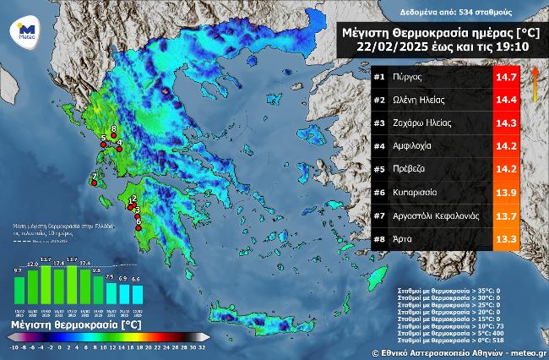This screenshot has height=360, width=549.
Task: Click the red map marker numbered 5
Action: pyautogui.click(x=103, y=144)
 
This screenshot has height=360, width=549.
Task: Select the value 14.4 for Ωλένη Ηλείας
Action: pyautogui.click(x=506, y=100)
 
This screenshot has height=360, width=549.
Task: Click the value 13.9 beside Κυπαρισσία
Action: pyautogui.click(x=506, y=193)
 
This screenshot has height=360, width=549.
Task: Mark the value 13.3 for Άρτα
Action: pyautogui.click(x=506, y=239)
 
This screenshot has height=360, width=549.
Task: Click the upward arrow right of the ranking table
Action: pyautogui.click(x=534, y=85)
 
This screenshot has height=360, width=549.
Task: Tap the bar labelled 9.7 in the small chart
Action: pyautogui.click(x=19, y=288)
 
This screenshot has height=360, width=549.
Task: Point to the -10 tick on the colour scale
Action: pyautogui.click(x=14, y=347)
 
